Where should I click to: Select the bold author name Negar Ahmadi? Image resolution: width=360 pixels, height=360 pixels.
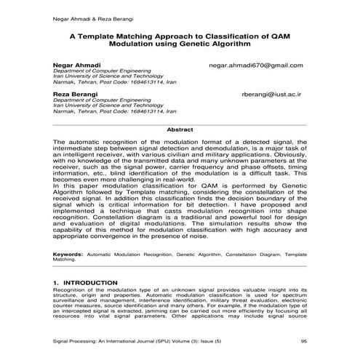click(x=73, y=65)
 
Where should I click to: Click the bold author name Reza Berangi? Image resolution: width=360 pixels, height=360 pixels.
click(x=73, y=95)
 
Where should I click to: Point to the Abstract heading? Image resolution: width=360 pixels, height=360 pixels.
click(x=180, y=129)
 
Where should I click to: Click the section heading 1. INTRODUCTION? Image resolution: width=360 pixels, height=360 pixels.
click(x=85, y=281)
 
